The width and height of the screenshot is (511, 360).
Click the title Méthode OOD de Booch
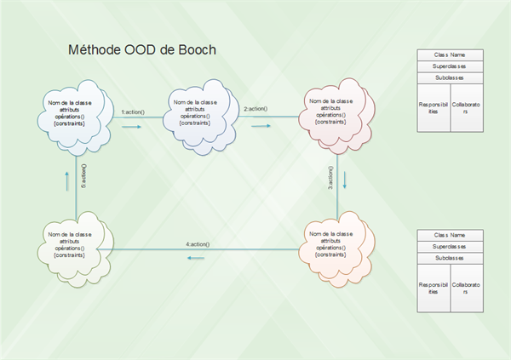(x=142, y=50)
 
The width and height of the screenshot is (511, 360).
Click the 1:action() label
(x=133, y=112)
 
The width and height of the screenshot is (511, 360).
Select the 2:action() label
(x=257, y=109)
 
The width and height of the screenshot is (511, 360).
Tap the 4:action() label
(x=198, y=244)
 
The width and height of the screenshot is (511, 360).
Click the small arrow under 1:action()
(x=131, y=127)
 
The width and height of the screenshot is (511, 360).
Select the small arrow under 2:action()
(x=260, y=124)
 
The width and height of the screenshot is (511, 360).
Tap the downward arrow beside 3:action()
(x=345, y=180)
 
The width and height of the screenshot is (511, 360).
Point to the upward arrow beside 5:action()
(x=66, y=180)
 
